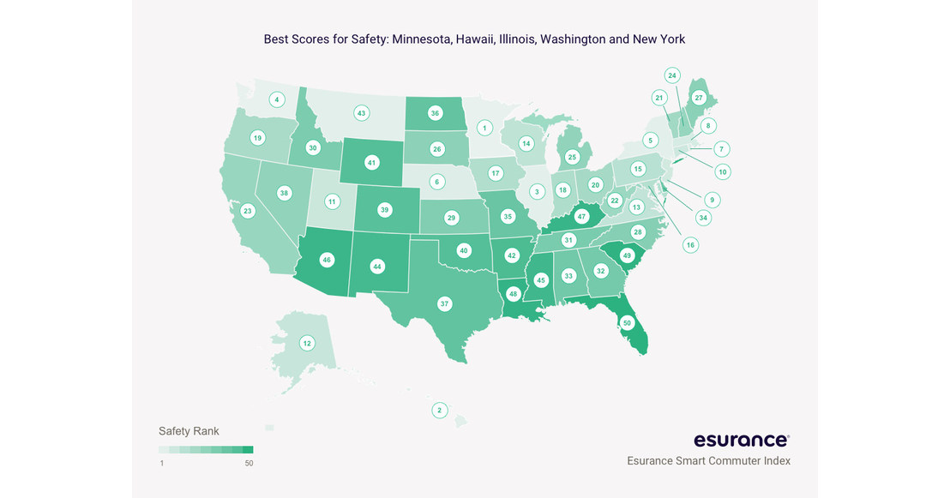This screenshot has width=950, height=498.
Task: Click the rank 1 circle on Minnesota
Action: pos(484,128)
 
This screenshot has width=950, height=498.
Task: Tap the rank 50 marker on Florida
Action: pos(627,323)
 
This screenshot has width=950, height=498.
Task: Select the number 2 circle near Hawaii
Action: pos(439,411)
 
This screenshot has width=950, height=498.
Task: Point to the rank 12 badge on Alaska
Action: pos(307,343)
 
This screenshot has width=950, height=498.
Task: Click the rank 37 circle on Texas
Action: pos(444,303)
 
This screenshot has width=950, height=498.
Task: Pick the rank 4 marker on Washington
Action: pos(276,99)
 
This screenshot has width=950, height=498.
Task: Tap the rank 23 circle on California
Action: pos(247,210)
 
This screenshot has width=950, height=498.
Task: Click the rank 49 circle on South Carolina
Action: pos(627,255)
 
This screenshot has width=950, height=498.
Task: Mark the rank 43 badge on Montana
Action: pos(361,113)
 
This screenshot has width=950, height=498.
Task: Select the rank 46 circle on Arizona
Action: pos(327,259)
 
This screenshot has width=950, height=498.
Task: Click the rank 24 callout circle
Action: pos(672,75)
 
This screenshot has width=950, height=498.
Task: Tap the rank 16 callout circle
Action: pos(690,245)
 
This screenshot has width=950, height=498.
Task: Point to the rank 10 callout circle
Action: pos(723,171)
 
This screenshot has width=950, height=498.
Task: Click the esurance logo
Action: pos(742,440)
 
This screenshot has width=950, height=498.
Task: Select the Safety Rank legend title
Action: pos(189,431)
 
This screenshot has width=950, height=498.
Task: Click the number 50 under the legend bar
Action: pos(249,464)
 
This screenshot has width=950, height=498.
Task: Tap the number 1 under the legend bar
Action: pos(161,464)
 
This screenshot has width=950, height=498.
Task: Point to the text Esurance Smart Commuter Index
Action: pos(708,461)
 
